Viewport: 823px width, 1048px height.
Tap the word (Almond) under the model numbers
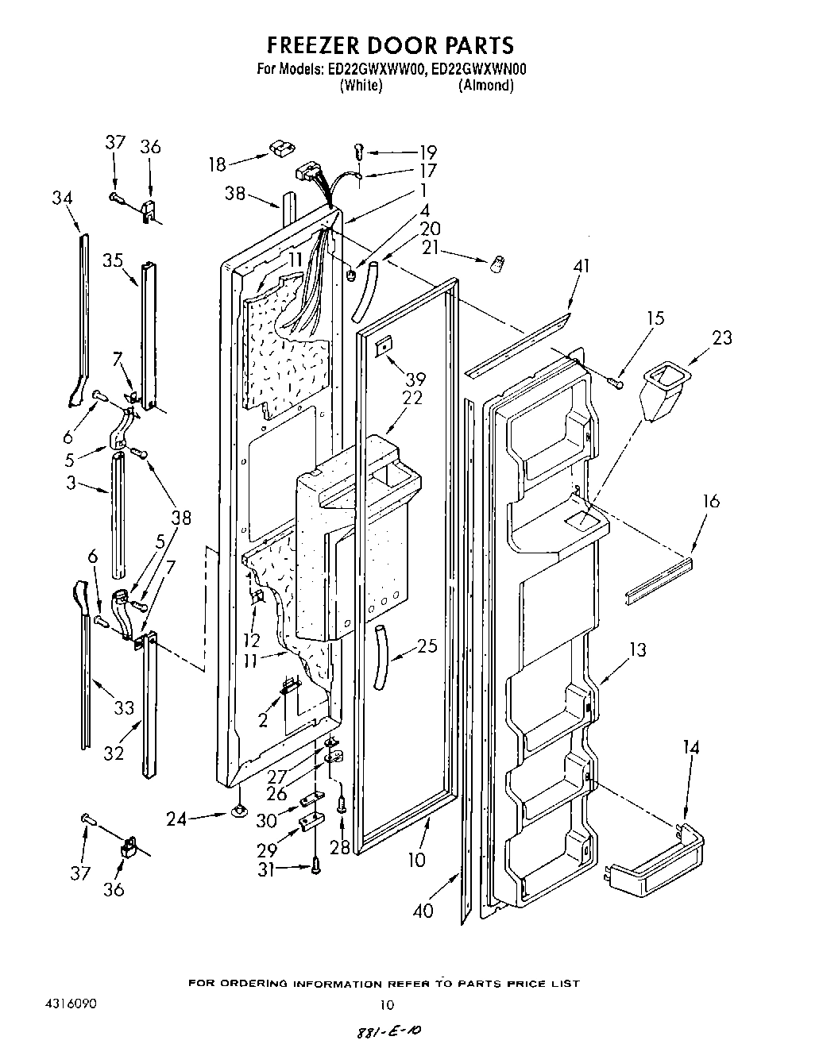click(x=485, y=86)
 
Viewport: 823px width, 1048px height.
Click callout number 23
click(x=722, y=337)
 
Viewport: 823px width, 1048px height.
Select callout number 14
click(x=690, y=747)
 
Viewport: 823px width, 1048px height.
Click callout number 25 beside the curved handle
click(x=427, y=646)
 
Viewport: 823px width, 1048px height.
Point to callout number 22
click(x=412, y=398)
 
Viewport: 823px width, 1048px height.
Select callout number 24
click(x=177, y=818)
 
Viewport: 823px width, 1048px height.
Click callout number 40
click(x=423, y=910)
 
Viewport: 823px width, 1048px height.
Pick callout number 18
click(x=217, y=164)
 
